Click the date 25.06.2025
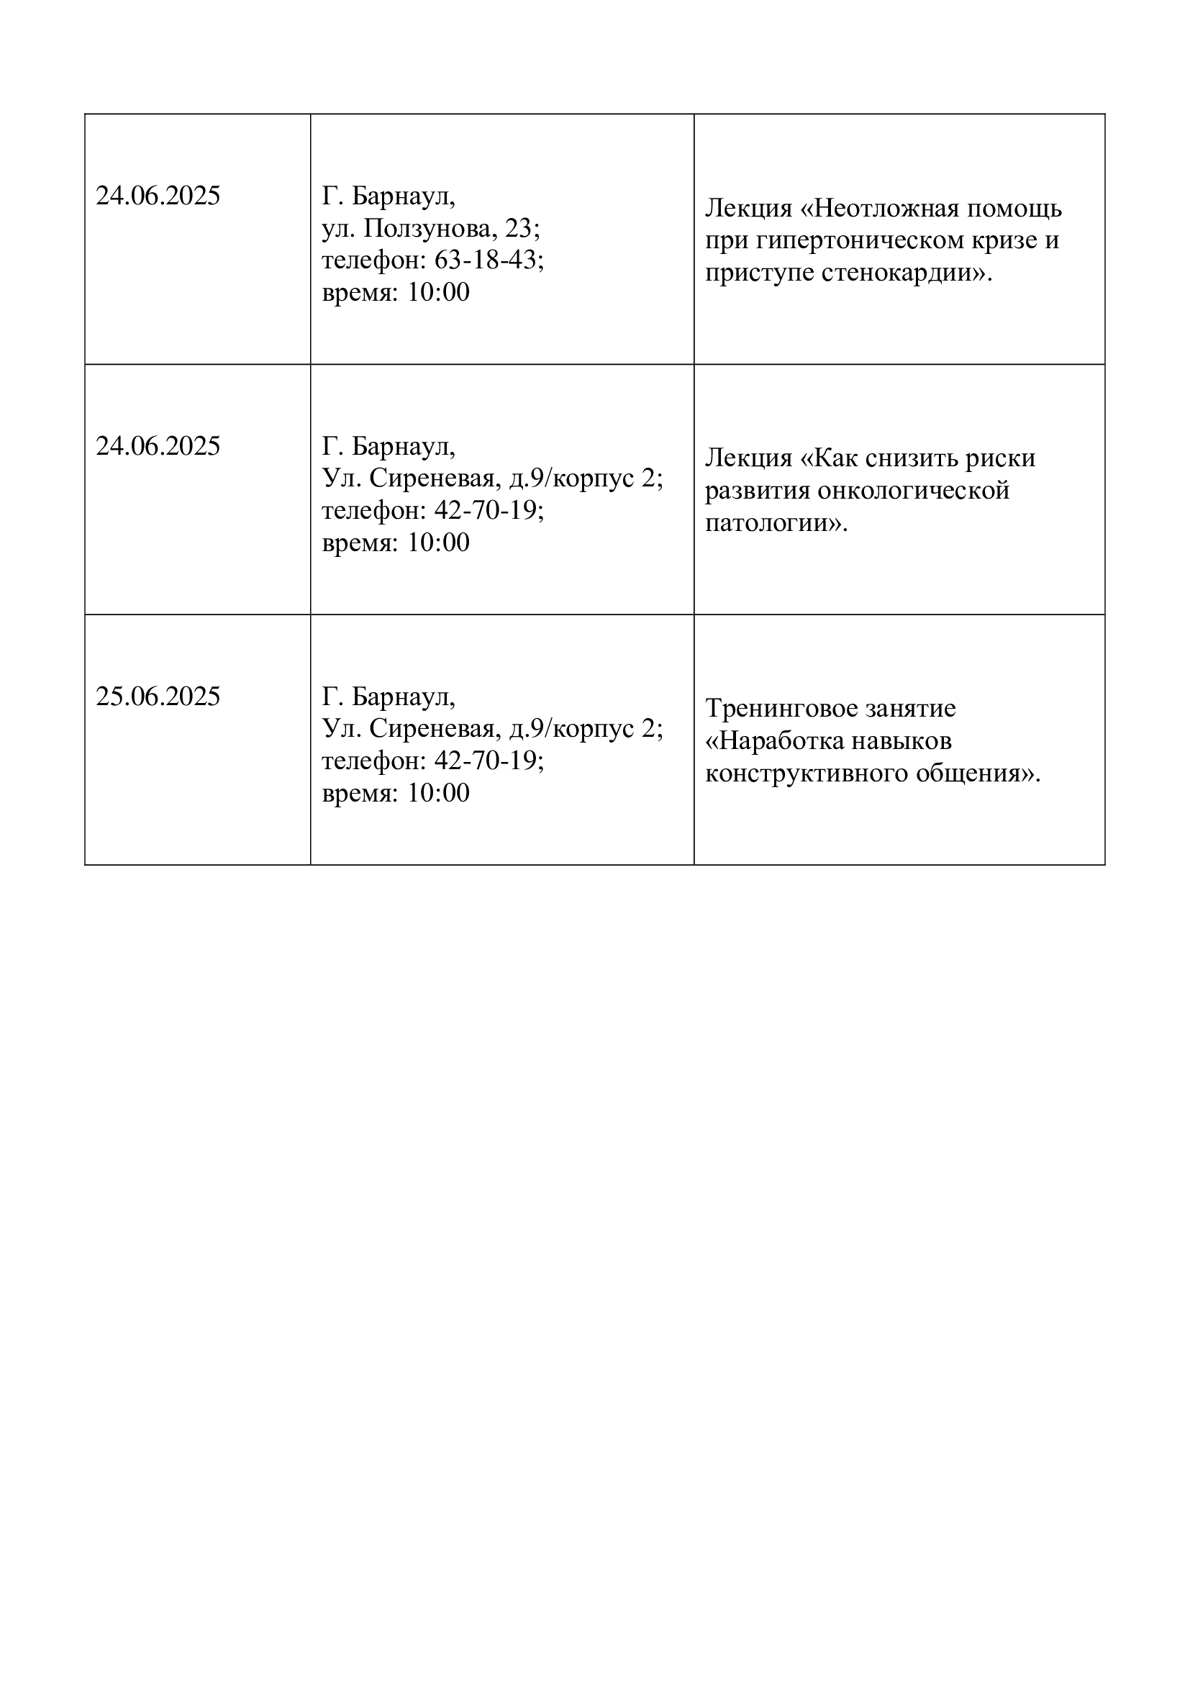click(158, 697)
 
